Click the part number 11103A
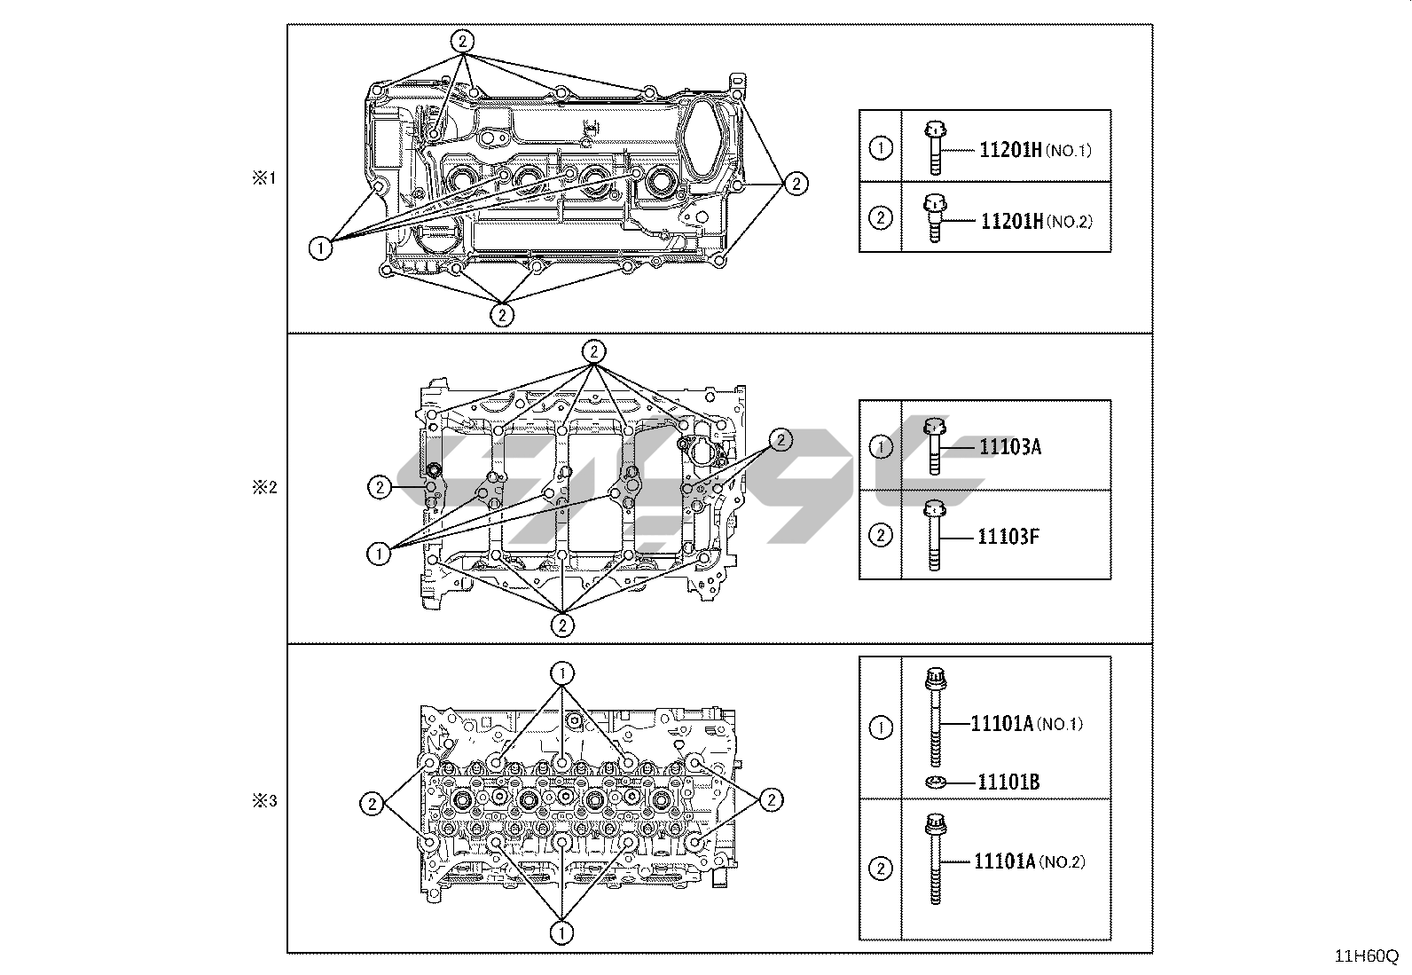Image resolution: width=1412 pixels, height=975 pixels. pyautogui.click(x=1009, y=446)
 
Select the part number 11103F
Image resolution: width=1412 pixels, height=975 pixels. pyautogui.click(x=1008, y=536)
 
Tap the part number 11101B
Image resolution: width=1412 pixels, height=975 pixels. pyautogui.click(x=1008, y=782)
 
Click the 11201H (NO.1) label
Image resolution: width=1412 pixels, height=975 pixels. pyautogui.click(x=1035, y=150)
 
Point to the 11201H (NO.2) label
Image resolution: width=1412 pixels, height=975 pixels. pyautogui.click(x=1035, y=221)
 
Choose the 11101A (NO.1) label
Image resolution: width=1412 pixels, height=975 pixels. pyautogui.click(x=1027, y=724)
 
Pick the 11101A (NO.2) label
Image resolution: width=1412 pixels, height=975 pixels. pyautogui.click(x=1029, y=861)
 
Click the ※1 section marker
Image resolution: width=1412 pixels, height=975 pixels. pyautogui.click(x=264, y=178)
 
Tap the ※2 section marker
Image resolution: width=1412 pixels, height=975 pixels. pyautogui.click(x=264, y=487)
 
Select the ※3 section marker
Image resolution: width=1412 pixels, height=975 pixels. pyautogui.click(x=264, y=801)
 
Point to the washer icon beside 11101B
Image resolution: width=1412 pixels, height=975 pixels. pyautogui.click(x=935, y=782)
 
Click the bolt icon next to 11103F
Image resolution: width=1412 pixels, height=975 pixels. pyautogui.click(x=933, y=535)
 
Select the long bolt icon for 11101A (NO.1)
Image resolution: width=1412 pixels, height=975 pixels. pyautogui.click(x=934, y=717)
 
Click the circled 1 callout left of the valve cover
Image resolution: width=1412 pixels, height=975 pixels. pyautogui.click(x=321, y=248)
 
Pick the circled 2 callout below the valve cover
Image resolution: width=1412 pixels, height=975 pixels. pyautogui.click(x=502, y=314)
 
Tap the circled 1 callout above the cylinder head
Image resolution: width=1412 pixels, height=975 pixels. pyautogui.click(x=562, y=672)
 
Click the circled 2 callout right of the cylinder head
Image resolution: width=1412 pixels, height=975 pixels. pyautogui.click(x=771, y=799)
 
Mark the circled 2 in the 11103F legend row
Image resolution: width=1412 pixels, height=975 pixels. pyautogui.click(x=880, y=536)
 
